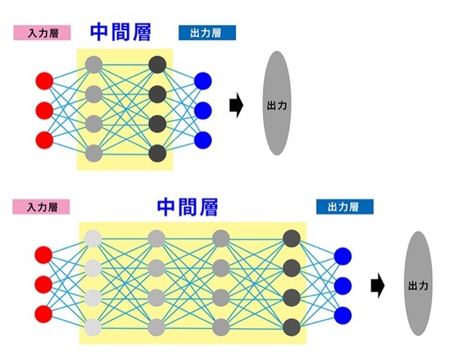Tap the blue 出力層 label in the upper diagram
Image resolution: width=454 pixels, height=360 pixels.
(x=207, y=33)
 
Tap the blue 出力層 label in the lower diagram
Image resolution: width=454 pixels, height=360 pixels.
(x=345, y=206)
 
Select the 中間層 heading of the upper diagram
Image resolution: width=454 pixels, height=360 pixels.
(x=120, y=31)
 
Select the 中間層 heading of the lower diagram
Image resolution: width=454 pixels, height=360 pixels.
(x=187, y=206)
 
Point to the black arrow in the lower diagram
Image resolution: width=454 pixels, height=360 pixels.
(x=376, y=285)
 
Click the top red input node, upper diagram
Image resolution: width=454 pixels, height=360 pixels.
(x=44, y=80)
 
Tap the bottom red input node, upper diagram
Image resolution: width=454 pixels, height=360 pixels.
(x=44, y=139)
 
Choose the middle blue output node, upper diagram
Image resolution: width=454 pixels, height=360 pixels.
(x=202, y=110)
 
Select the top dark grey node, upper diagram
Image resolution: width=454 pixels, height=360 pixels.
(x=157, y=65)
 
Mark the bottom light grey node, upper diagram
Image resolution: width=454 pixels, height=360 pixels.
(x=94, y=154)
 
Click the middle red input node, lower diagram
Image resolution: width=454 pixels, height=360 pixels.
(x=44, y=284)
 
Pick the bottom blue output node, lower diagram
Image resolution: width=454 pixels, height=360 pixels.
(x=343, y=313)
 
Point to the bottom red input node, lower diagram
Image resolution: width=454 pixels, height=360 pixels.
(x=44, y=313)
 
